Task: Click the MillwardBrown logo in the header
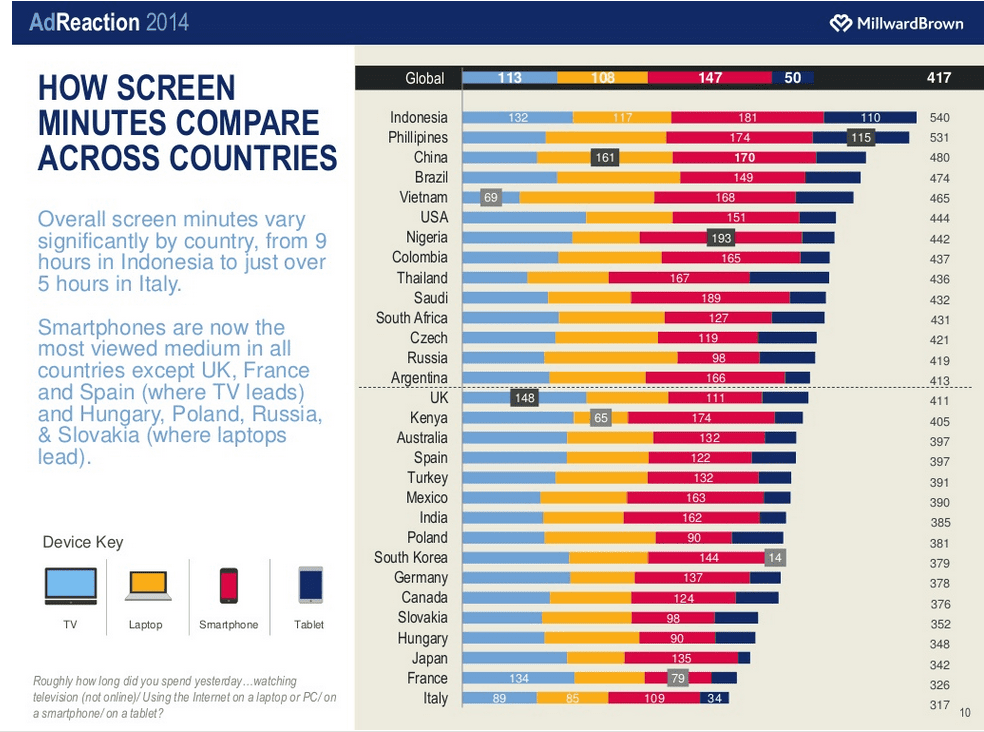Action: point(896,22)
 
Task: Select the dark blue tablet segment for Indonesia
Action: point(870,117)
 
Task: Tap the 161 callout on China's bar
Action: point(605,157)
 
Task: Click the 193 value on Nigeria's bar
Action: point(721,238)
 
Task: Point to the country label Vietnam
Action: point(423,198)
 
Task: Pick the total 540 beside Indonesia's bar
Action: point(939,118)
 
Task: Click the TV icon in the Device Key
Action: point(70,586)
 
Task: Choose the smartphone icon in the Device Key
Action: point(229,586)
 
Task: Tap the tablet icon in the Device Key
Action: point(310,585)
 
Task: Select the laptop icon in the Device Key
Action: point(148,586)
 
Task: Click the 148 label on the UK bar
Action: point(523,398)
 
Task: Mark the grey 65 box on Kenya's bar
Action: point(600,418)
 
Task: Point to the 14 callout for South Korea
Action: point(774,558)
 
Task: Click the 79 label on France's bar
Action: point(678,679)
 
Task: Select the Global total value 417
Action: point(939,77)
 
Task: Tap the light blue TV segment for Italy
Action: point(499,698)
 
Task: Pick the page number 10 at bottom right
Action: point(965,713)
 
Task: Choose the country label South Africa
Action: point(412,318)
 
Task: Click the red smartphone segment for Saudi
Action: point(710,297)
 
